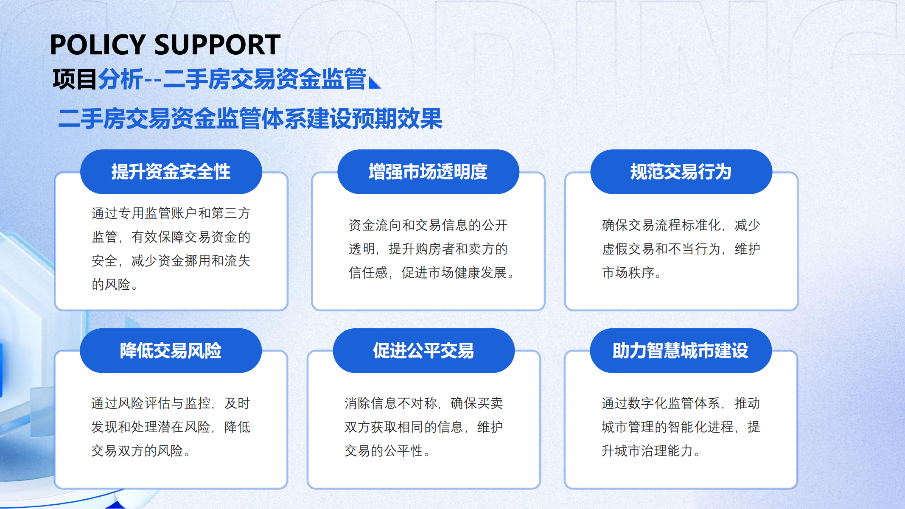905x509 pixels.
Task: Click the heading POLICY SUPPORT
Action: pyautogui.click(x=165, y=45)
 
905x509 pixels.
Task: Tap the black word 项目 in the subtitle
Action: pyautogui.click(x=75, y=79)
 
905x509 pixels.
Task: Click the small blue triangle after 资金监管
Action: pyautogui.click(x=375, y=83)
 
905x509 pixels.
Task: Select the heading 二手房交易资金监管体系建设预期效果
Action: pyautogui.click(x=250, y=118)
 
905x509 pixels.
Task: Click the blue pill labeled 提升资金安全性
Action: pyautogui.click(x=171, y=172)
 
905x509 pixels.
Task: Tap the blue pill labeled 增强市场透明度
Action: pyautogui.click(x=428, y=172)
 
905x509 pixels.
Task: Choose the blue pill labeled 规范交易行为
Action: pyautogui.click(x=681, y=172)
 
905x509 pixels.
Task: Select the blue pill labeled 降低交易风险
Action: pyautogui.click(x=171, y=351)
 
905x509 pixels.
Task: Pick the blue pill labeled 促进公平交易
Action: pyautogui.click(x=423, y=351)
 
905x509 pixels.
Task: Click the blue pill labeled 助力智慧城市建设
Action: pyautogui.click(x=681, y=351)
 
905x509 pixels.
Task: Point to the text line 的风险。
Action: pyautogui.click(x=115, y=285)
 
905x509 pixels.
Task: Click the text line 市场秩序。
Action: pyautogui.click(x=632, y=273)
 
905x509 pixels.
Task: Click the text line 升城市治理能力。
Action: pyautogui.click(x=651, y=451)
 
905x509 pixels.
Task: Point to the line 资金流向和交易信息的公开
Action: pyautogui.click(x=428, y=225)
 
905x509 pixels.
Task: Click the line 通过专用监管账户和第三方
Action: pyautogui.click(x=171, y=213)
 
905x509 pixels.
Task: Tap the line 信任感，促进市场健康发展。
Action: pyautogui.click(x=431, y=273)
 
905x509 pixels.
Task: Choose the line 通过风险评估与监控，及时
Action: pyautogui.click(x=171, y=403)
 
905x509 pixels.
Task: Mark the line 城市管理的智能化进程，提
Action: pyautogui.click(x=681, y=427)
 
